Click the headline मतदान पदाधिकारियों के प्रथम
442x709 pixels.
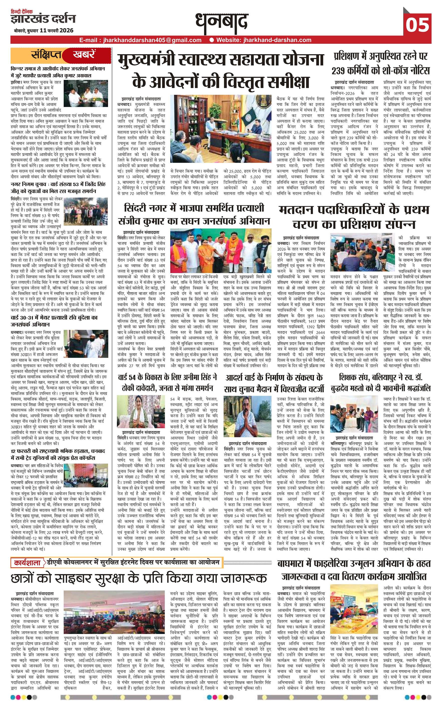pos(354,210)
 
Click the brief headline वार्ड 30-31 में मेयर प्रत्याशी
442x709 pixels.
pos(54,317)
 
